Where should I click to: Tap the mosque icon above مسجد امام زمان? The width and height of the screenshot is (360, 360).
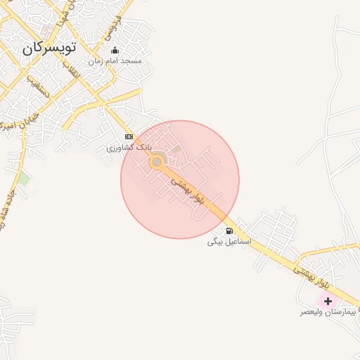coord(115,51)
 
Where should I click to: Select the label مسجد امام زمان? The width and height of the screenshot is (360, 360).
coord(115,61)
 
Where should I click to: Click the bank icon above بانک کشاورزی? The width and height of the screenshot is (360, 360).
coord(129,136)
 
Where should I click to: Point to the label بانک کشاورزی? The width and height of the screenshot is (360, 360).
coord(128,148)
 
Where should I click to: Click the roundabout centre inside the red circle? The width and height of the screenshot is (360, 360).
coord(157,163)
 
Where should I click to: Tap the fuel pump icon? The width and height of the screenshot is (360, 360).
coord(229,231)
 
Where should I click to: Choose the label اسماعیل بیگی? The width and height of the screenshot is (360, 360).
coord(229,241)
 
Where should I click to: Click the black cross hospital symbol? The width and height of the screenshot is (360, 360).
coord(328,301)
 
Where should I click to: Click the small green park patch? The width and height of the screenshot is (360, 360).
coord(25,179)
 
